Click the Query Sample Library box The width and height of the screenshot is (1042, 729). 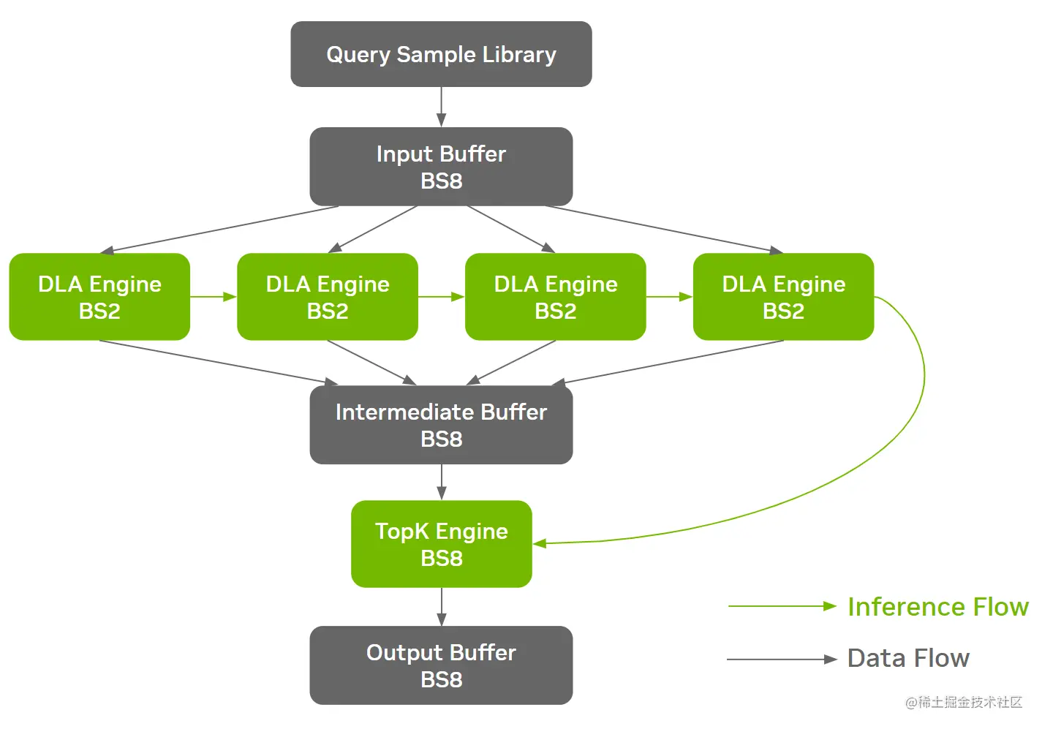tap(441, 54)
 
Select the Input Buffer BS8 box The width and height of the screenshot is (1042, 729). tap(441, 167)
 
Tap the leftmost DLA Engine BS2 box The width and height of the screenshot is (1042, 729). tap(99, 297)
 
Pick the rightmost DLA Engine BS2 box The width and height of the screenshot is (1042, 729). tap(783, 297)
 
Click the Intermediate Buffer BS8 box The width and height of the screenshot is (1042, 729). tap(441, 425)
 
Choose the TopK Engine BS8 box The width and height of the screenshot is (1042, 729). tap(441, 544)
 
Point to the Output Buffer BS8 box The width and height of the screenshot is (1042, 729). tap(441, 665)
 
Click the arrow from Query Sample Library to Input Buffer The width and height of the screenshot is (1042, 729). tap(441, 107)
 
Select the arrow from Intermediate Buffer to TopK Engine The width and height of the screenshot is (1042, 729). tap(441, 482)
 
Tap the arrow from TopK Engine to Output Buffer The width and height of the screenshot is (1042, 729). tap(441, 606)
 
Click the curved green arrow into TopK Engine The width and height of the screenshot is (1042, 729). tap(923, 380)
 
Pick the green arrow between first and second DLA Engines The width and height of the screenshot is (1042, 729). tap(214, 297)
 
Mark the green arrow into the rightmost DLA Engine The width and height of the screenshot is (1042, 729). tap(669, 297)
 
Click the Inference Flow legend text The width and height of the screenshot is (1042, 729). tap(937, 607)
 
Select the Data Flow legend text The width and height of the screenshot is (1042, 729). tap(908, 658)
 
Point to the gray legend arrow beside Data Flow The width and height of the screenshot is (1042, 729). tap(781, 659)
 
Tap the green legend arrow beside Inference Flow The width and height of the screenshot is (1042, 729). tap(781, 606)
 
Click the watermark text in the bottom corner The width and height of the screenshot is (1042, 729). tap(963, 703)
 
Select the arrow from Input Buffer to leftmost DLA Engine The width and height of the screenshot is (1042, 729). tap(219, 230)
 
